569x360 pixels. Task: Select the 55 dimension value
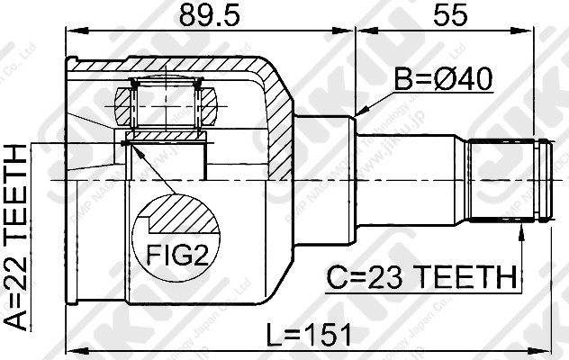coord(449,15)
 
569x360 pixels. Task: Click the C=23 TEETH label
coord(420,275)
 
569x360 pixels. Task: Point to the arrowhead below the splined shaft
coord(520,233)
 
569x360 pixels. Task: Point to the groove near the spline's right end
coord(538,180)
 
